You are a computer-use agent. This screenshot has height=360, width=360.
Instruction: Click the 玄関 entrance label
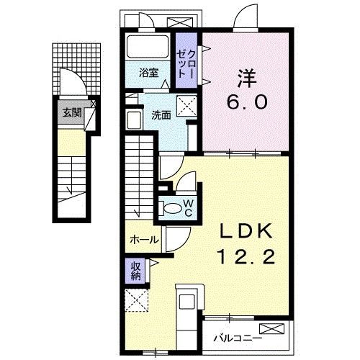pyautogui.click(x=71, y=112)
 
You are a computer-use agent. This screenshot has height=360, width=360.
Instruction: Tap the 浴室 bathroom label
pyautogui.click(x=148, y=73)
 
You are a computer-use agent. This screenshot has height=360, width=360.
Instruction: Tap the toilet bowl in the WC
pyautogui.click(x=173, y=208)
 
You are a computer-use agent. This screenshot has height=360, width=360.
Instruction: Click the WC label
pyautogui.click(x=187, y=208)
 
